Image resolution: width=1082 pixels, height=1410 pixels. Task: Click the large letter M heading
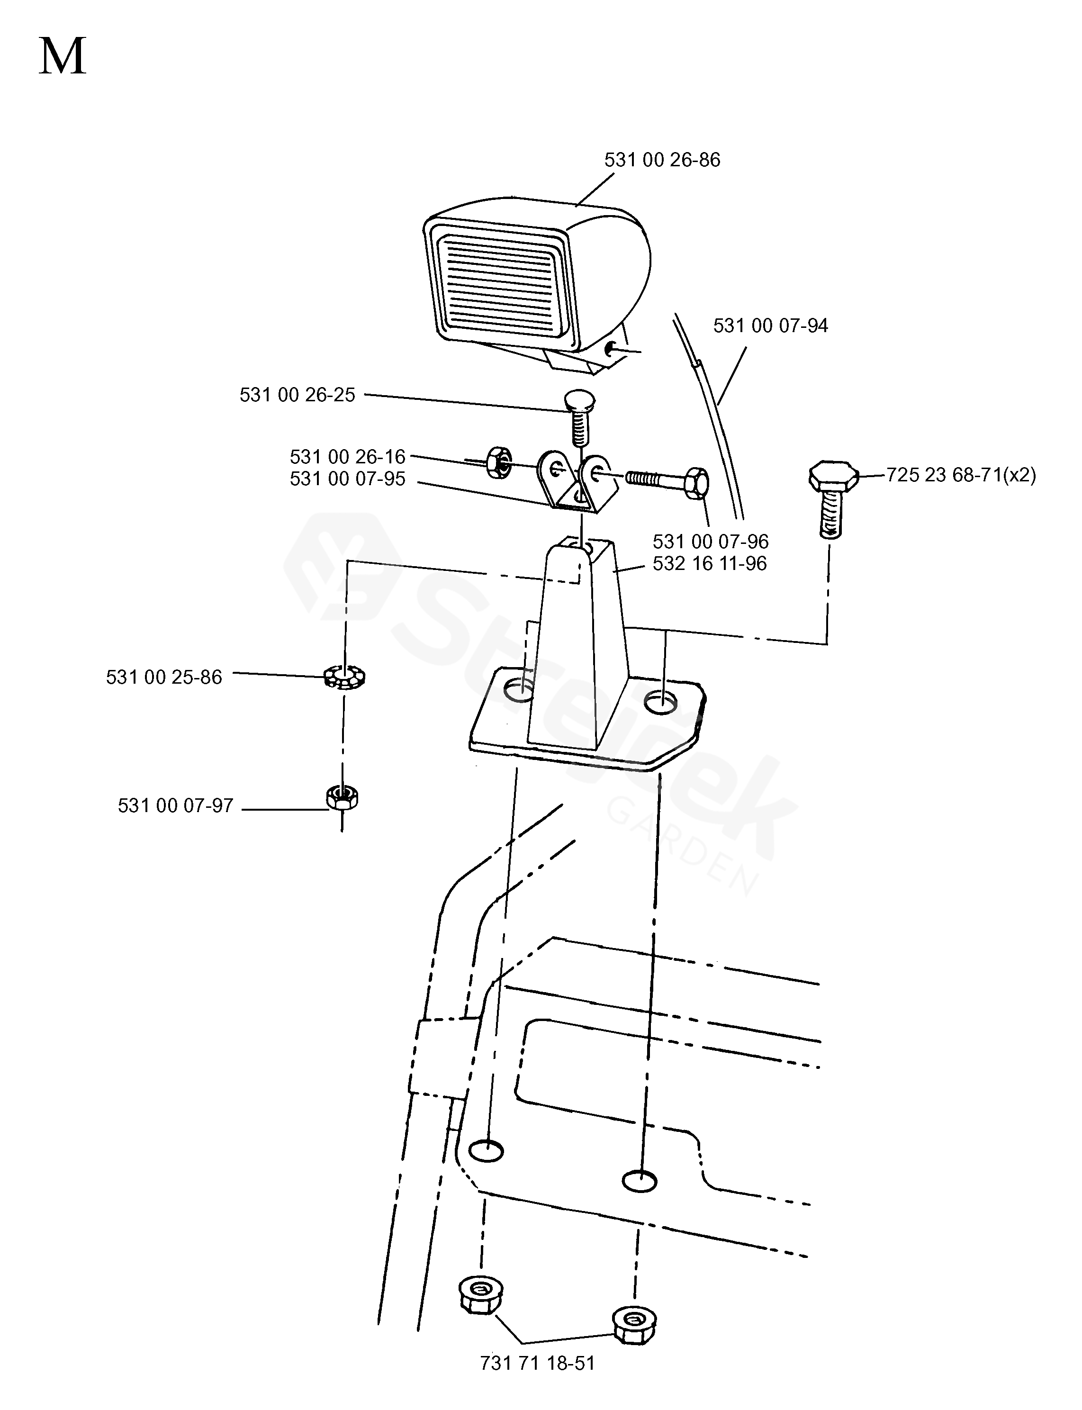pos(63,57)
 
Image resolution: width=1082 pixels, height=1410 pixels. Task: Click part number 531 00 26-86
pos(662,160)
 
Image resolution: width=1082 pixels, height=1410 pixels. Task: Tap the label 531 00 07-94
pos(770,325)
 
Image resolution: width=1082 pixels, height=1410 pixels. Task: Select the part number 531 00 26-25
pos(298,395)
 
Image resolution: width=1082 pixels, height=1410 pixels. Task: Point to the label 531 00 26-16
pos(348,457)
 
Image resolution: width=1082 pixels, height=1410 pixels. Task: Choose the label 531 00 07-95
pos(348,479)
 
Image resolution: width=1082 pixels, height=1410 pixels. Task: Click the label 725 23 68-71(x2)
pos(961,475)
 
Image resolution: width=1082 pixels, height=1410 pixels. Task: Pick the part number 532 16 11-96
pos(710,564)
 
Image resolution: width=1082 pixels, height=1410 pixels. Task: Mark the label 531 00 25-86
pos(164,677)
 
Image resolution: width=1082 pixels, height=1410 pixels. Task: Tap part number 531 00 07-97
pos(175,806)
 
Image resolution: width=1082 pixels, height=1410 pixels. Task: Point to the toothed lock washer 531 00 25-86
pos(344,677)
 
